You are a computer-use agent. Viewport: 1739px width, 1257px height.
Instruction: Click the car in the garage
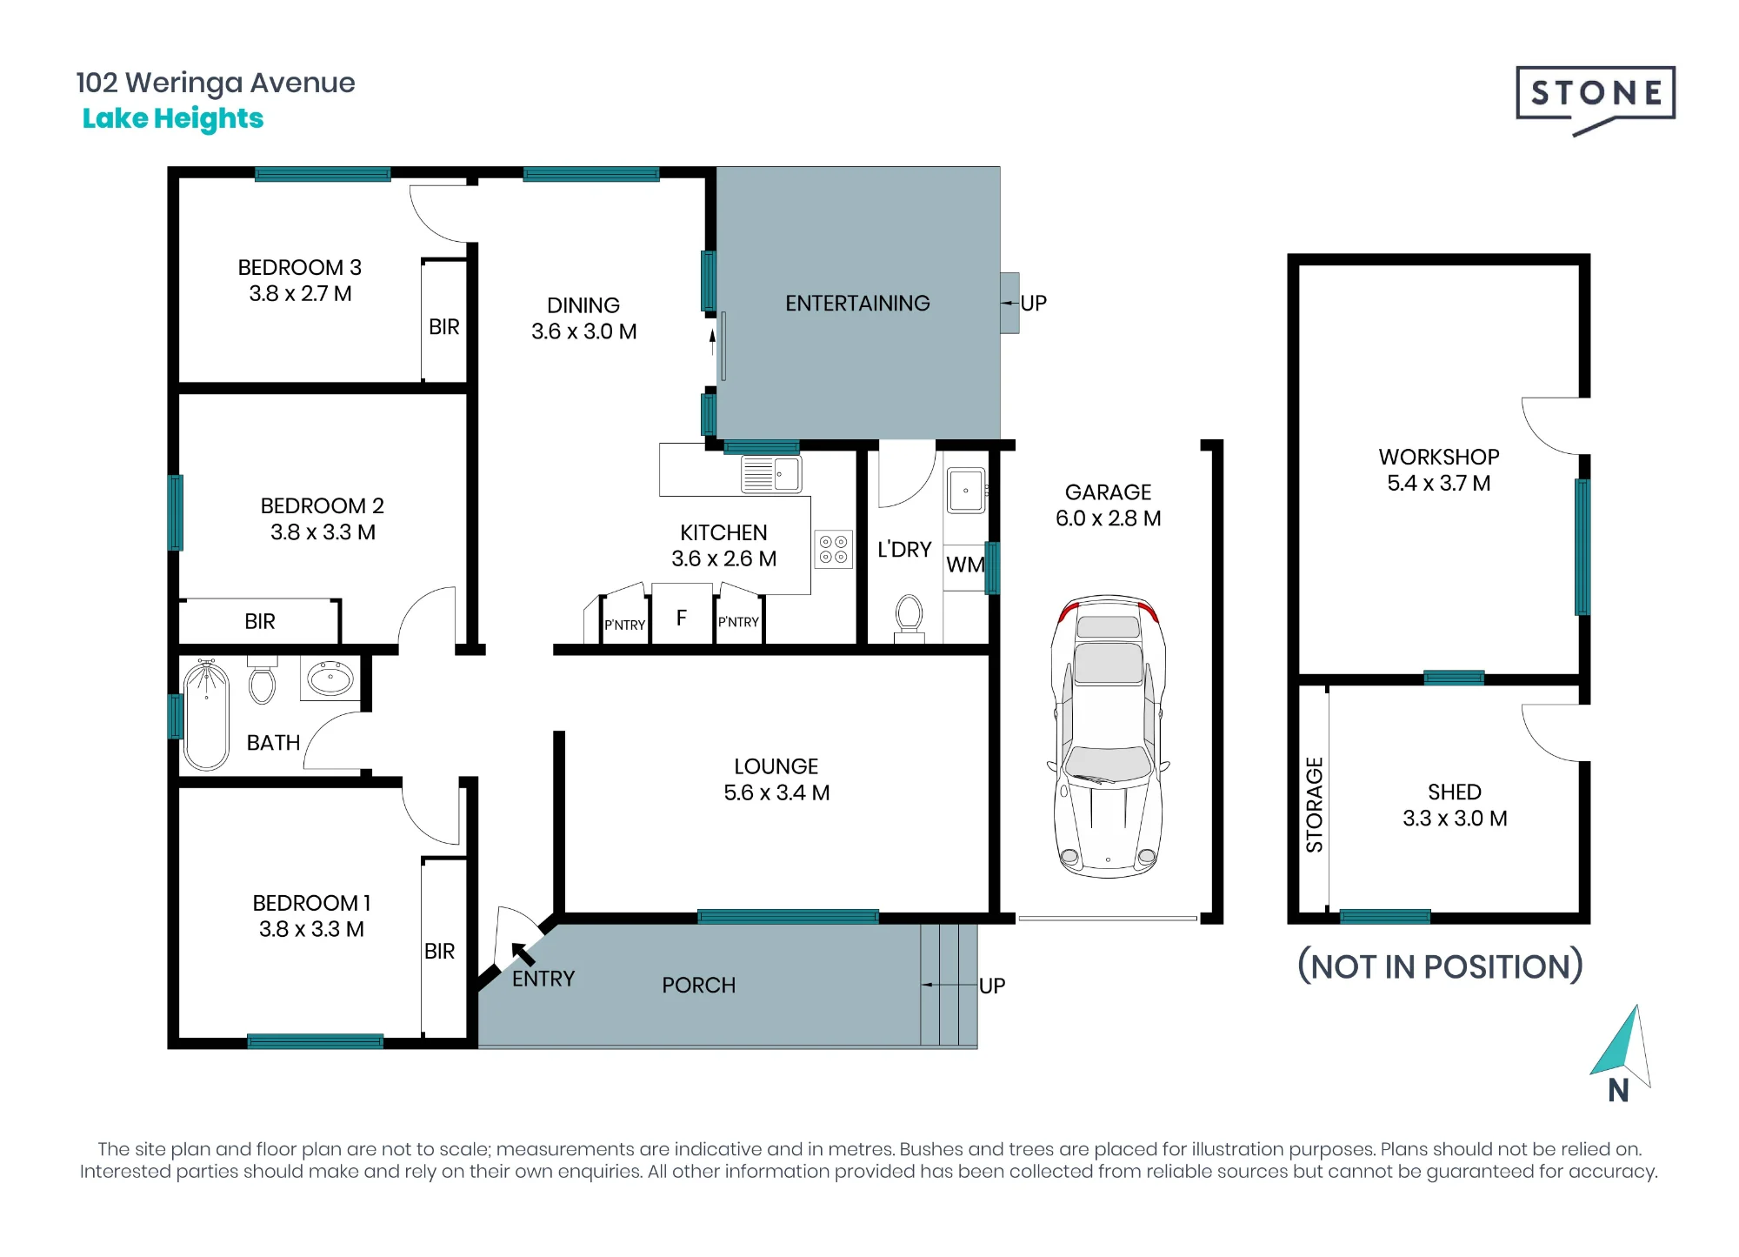coord(1108,736)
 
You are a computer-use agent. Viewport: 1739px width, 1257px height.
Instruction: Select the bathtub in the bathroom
coord(206,714)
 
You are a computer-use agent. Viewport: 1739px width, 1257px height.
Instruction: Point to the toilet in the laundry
coord(909,618)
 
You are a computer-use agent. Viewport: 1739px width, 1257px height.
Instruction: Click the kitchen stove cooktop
coord(833,550)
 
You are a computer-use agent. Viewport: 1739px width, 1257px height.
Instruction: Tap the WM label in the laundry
coord(965,565)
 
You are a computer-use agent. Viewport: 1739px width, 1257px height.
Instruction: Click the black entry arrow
coord(523,954)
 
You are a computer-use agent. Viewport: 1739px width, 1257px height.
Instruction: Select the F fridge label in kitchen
coord(682,618)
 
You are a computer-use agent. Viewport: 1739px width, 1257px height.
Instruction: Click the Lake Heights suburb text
coord(173,118)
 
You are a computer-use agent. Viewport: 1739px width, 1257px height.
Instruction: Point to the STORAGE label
coord(1314,805)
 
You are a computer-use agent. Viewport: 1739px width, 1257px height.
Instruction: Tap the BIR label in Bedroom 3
coord(443,327)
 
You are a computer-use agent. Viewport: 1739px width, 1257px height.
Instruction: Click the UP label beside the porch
coord(992,986)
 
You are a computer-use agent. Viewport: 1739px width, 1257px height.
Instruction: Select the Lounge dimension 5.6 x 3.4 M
coord(776,792)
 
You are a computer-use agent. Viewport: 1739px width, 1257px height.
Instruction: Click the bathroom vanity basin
coord(330,678)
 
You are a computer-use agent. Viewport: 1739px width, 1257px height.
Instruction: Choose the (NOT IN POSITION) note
coord(1440,966)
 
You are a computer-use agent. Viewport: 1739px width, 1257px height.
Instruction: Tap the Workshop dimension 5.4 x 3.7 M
coord(1439,483)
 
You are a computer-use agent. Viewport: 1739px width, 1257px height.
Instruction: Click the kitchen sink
coord(771,475)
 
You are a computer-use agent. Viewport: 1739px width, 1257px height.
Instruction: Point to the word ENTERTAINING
coord(857,303)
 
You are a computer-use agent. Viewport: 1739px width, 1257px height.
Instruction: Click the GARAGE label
coord(1108,492)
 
